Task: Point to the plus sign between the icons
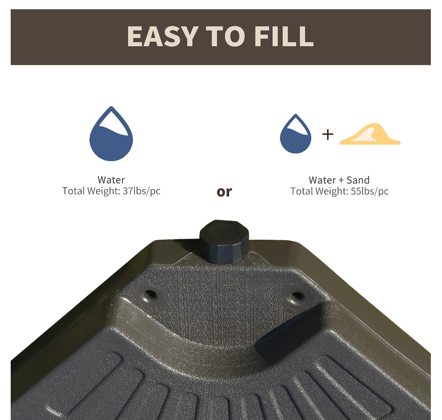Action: [328, 135]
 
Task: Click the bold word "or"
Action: [224, 192]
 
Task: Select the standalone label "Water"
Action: [111, 180]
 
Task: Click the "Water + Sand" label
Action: [339, 180]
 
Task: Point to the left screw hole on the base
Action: [150, 295]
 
